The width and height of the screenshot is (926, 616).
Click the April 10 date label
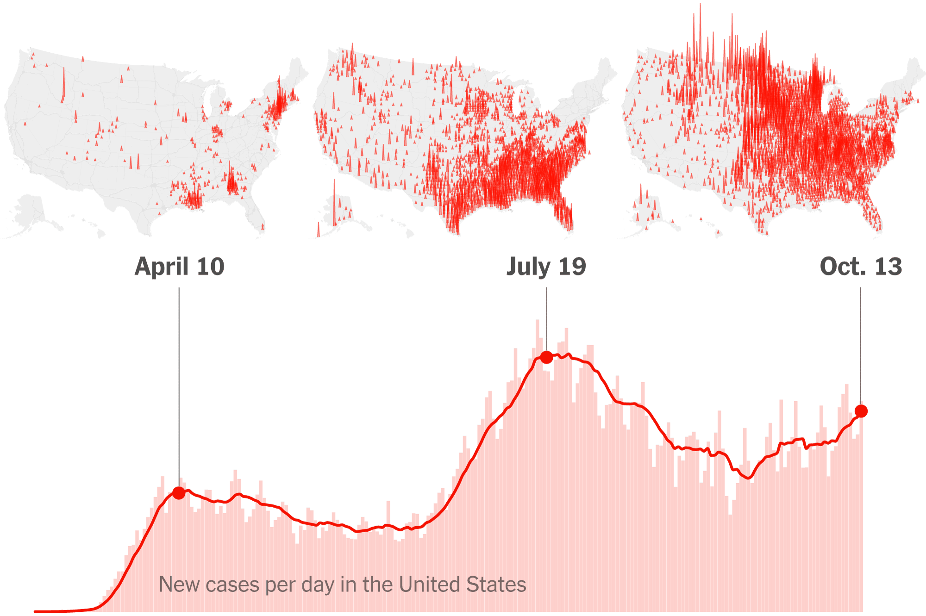pyautogui.click(x=179, y=267)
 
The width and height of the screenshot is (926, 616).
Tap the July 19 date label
pyautogui.click(x=546, y=267)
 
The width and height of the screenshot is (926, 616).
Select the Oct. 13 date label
pyautogui.click(x=861, y=267)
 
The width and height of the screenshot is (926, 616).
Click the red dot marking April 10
pyautogui.click(x=179, y=493)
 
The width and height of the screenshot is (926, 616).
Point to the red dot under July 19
pyautogui.click(x=546, y=357)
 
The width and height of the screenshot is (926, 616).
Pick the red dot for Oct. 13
pyautogui.click(x=861, y=411)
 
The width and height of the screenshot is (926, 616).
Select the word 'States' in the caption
pyautogui.click(x=496, y=585)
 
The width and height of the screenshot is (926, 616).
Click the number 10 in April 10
pyautogui.click(x=211, y=267)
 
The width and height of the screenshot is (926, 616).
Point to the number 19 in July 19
pyautogui.click(x=572, y=267)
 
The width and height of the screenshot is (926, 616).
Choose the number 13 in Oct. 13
pyautogui.click(x=888, y=267)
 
